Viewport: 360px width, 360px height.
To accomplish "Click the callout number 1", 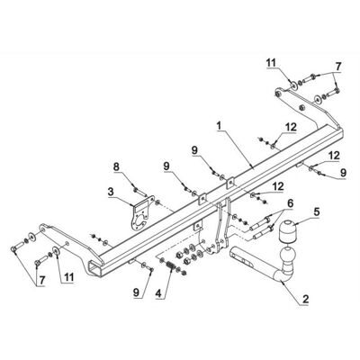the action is coord(219,126).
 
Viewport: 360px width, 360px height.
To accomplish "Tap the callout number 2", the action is coord(305,299).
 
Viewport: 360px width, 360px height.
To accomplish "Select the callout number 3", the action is coord(111,192).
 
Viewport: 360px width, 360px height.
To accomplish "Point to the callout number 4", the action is coord(159,293).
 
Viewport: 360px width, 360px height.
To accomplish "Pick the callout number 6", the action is coord(290,204).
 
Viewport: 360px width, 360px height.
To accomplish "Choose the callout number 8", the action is coord(116,166).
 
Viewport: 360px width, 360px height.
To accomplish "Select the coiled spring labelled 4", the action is coord(171,265).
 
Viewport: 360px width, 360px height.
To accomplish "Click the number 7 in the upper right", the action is coord(338,67).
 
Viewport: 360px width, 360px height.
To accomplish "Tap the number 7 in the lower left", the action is coord(41,280).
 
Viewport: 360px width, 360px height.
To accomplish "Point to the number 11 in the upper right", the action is coord(272,64).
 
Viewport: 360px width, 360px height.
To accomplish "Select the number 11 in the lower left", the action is coord(68,277).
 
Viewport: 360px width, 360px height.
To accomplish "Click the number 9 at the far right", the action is coord(344,173).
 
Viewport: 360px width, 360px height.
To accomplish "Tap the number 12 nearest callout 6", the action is coord(278,187).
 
